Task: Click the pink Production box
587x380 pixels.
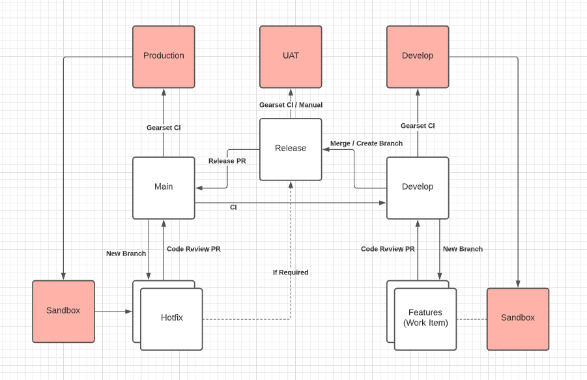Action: coord(164,57)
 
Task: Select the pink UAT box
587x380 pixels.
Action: coord(291,57)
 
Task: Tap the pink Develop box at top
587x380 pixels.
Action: coord(418,57)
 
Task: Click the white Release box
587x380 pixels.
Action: coord(291,149)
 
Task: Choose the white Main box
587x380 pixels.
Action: coord(164,187)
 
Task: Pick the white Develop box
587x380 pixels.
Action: coord(418,187)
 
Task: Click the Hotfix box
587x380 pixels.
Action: coord(171,319)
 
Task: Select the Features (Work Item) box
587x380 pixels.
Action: coord(425,319)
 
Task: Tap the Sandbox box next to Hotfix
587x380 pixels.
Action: coord(63,311)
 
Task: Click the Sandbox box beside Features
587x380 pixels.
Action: coord(518,318)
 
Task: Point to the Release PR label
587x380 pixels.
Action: coord(227,161)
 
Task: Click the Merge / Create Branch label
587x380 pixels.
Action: coord(366,143)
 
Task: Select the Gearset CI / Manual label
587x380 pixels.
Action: coord(291,105)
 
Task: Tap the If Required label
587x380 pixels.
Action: coord(291,272)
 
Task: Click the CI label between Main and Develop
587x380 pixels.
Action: coord(233,207)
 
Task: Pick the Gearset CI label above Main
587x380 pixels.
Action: coord(164,128)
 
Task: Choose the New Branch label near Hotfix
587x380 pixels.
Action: coord(126,254)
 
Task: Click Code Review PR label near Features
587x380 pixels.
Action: coord(388,249)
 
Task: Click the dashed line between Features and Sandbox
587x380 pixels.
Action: coord(472,319)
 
